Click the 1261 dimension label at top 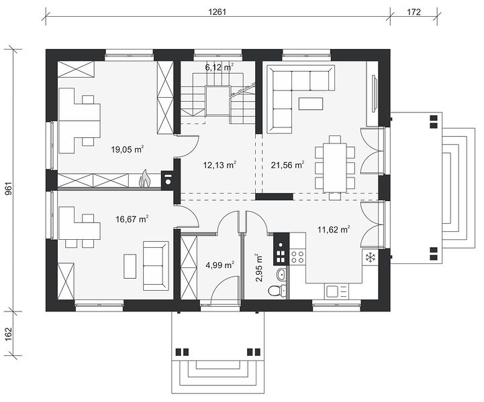point(217,12)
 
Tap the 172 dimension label point(414,12)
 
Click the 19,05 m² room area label point(128,149)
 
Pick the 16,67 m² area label point(132,219)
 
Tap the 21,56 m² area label point(288,165)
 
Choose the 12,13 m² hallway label point(220,165)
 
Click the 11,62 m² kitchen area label point(334,230)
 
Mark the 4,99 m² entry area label point(220,265)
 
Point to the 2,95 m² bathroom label point(258,268)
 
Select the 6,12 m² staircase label point(220,67)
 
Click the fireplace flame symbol point(144,179)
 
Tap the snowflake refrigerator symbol point(370,257)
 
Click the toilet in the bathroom point(277,291)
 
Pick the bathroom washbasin point(281,274)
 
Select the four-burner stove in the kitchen point(298,257)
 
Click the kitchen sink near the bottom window point(333,291)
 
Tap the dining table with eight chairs point(335,167)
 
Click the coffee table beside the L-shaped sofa point(311,103)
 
